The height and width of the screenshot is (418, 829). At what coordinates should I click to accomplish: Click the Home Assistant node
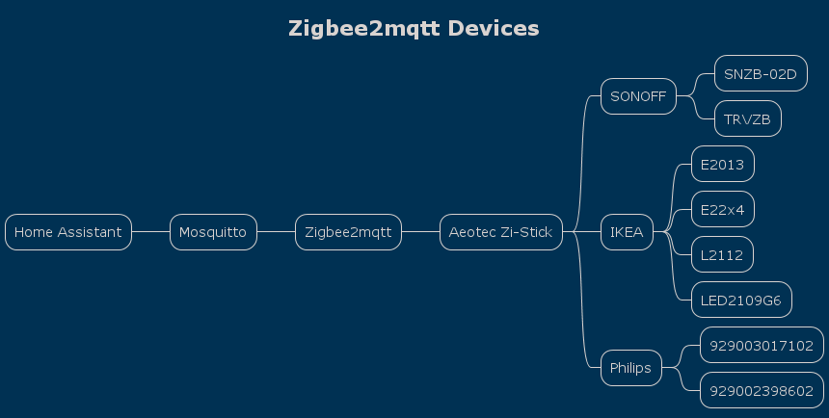pyautogui.click(x=68, y=232)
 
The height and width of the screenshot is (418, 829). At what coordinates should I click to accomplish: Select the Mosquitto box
pyautogui.click(x=213, y=232)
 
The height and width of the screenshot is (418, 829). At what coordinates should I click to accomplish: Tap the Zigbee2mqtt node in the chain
pyautogui.click(x=348, y=232)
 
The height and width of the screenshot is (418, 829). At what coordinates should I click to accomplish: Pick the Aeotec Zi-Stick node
pyautogui.click(x=501, y=232)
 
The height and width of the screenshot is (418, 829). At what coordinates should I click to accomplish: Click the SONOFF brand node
pyautogui.click(x=639, y=96)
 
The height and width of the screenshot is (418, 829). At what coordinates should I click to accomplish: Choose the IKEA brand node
pyautogui.click(x=627, y=232)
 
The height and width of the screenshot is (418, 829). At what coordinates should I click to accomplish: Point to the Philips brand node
pyautogui.click(x=631, y=368)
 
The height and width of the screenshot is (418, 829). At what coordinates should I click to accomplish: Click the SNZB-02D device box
pyautogui.click(x=761, y=73)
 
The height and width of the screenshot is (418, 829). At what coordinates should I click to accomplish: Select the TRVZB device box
pyautogui.click(x=748, y=118)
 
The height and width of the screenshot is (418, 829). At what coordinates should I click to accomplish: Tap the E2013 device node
pyautogui.click(x=723, y=164)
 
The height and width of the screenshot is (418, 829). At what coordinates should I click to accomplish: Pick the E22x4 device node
pyautogui.click(x=723, y=209)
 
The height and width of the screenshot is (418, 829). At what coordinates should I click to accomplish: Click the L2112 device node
pyautogui.click(x=722, y=254)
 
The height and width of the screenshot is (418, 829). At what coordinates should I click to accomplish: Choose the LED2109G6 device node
pyautogui.click(x=741, y=300)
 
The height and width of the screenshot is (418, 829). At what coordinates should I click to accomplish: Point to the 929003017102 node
pyautogui.click(x=762, y=345)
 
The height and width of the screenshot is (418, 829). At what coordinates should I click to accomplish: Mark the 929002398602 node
pyautogui.click(x=762, y=390)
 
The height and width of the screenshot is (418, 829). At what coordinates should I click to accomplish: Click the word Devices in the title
pyautogui.click(x=494, y=29)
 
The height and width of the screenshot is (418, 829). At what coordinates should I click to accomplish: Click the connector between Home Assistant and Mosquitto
pyautogui.click(x=150, y=232)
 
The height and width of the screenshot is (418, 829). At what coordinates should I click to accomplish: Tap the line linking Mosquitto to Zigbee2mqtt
pyautogui.click(x=276, y=232)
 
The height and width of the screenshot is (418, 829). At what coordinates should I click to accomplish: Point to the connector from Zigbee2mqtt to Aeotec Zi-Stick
pyautogui.click(x=421, y=232)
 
